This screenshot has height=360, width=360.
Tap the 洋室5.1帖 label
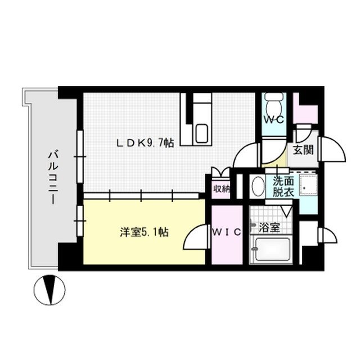[x=145, y=231]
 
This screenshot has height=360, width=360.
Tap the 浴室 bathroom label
[x=270, y=229]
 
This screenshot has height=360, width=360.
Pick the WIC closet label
[x=227, y=231]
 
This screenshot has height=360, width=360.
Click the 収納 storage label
[x=220, y=188]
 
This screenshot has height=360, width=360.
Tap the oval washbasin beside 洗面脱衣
[x=258, y=186]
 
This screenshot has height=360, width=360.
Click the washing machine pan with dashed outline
[x=308, y=184]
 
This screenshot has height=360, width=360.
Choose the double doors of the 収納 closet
[x=220, y=173]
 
